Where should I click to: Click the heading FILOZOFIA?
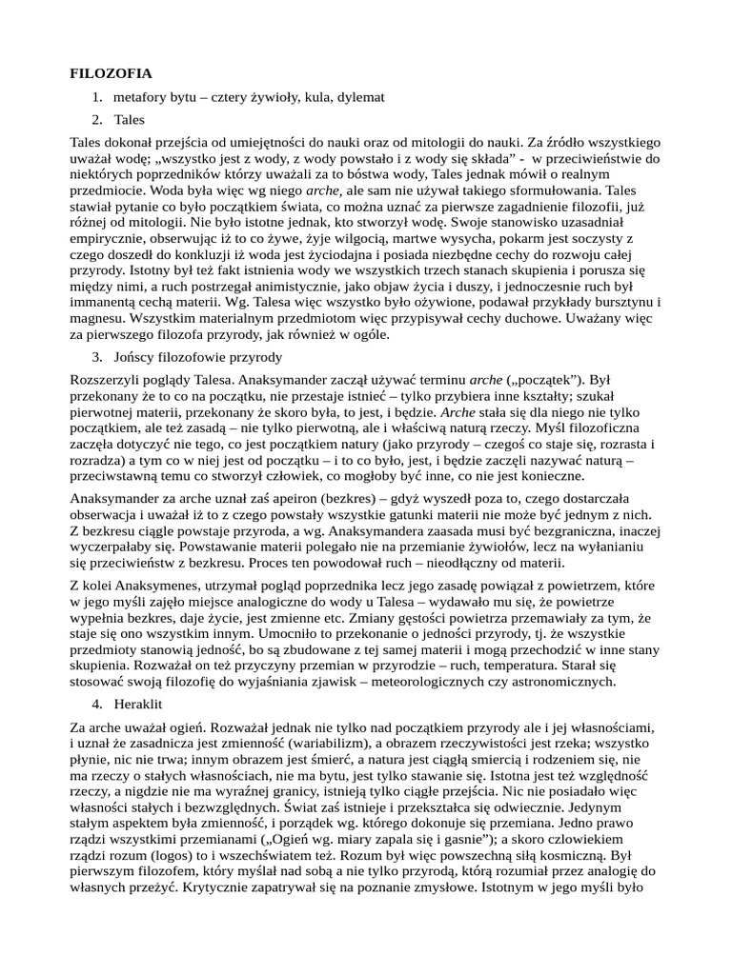coord(112,73)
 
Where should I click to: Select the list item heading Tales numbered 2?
coord(129,120)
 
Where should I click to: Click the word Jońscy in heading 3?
coord(134,357)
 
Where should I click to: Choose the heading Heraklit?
coord(139,706)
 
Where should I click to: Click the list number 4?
coord(97,706)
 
